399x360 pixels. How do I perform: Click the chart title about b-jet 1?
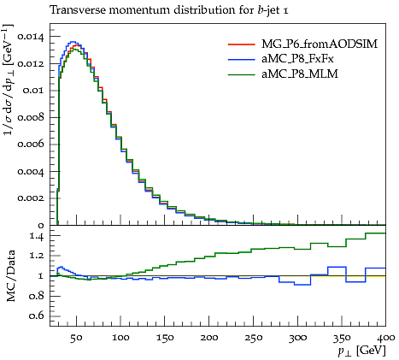click(169, 10)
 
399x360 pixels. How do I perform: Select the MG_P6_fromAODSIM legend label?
click(320, 44)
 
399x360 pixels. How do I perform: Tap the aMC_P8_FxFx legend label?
click(297, 59)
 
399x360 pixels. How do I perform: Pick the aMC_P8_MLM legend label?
click(300, 74)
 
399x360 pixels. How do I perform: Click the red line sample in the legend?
click(241, 44)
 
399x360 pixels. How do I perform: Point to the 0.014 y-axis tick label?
click(31, 37)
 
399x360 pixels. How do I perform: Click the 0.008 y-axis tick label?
click(31, 117)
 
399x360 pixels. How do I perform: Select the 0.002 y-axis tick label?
click(31, 198)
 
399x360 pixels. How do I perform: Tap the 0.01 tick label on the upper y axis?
click(33, 91)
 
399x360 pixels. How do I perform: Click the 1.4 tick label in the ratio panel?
click(37, 236)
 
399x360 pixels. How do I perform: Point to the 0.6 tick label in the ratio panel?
click(37, 316)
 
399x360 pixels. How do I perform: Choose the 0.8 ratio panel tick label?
click(37, 296)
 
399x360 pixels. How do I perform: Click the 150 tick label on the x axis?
click(165, 338)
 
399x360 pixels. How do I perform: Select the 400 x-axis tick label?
click(386, 338)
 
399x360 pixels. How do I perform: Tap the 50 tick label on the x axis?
click(76, 338)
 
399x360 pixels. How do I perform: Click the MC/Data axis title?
click(10, 275)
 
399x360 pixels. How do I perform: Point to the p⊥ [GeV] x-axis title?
click(362, 351)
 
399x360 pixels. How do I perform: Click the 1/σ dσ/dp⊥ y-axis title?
click(9, 80)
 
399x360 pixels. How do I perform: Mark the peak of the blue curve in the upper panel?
click(73, 42)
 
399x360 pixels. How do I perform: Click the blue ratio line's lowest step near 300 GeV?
click(302, 285)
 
